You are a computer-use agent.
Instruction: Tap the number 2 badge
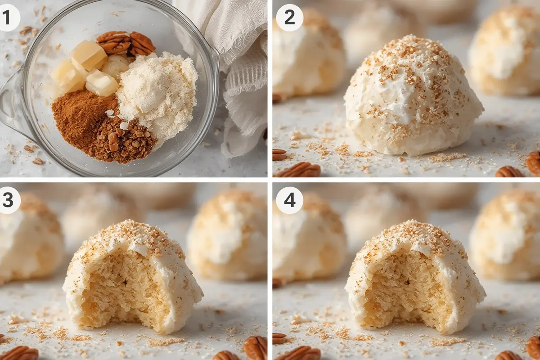[x=289, y=18]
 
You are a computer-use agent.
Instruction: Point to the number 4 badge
[x=289, y=200]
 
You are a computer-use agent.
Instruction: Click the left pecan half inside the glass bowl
[x=114, y=42]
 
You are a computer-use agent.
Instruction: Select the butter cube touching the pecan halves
[x=89, y=55]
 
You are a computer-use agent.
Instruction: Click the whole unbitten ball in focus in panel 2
[x=414, y=96]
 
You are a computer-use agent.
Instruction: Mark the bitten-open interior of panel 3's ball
[x=126, y=289]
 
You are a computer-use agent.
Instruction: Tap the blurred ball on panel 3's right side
[x=228, y=235]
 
